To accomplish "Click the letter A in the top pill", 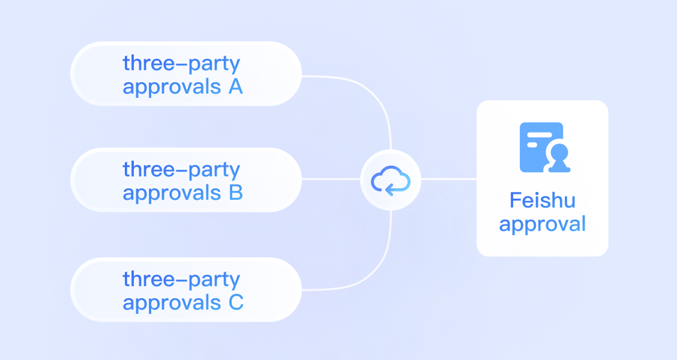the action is click(236, 86).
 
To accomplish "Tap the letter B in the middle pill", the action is click(236, 193).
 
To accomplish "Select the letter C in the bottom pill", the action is click(236, 302).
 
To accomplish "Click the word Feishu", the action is click(543, 200).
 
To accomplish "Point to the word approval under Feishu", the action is click(543, 224).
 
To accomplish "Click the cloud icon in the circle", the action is click(390, 181).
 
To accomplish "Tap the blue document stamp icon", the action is click(545, 147).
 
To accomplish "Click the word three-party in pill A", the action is click(181, 64).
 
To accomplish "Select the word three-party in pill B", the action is click(181, 170).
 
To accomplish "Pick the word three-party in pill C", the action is click(181, 280).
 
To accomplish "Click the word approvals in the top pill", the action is click(172, 87).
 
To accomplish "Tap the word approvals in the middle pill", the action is click(172, 193).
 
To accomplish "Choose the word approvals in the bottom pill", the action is click(172, 303).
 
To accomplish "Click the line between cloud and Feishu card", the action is click(448, 179).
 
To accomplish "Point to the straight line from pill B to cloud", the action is click(331, 179).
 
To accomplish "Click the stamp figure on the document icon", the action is click(559, 158).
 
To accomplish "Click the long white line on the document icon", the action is click(540, 135).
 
